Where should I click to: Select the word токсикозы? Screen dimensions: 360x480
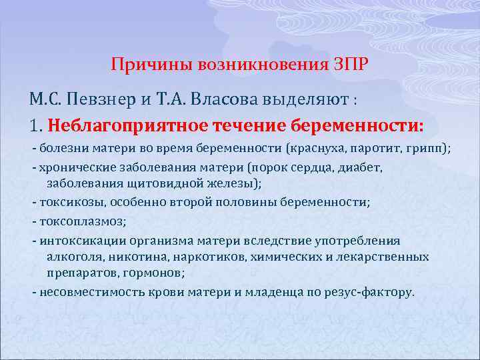(71, 203)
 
